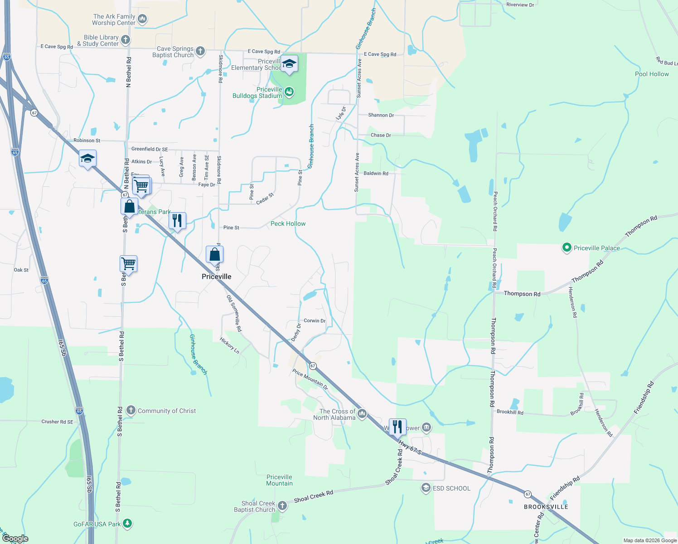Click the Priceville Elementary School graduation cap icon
pos(289,64)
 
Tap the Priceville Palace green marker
pos(566,248)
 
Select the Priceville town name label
pos(216,277)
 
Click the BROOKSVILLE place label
pos(546,507)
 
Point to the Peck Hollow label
pos(288,223)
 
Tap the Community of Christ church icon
pos(131,411)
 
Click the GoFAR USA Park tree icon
pos(127,524)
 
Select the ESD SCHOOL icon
pos(426,488)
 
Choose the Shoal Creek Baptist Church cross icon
pos(282,505)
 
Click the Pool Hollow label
pos(652,74)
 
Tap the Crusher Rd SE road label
pos(57,422)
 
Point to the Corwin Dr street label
pos(315,321)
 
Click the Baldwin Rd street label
pos(376,173)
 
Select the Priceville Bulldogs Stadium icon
pos(289,92)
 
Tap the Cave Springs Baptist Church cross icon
pos(200,51)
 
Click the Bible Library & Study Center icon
pos(126,40)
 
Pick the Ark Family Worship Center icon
pos(142,19)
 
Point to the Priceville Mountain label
pos(279,480)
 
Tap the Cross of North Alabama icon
pos(362,414)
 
